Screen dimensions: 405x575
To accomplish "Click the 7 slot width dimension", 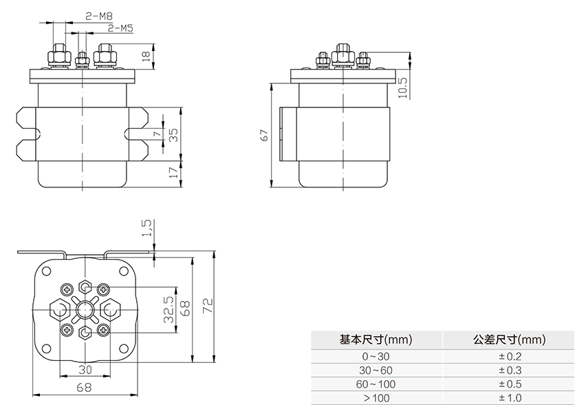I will tap(156, 134).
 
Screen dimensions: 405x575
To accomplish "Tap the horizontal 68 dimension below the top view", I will tap(84, 388).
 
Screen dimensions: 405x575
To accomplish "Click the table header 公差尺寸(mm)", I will tap(509, 340).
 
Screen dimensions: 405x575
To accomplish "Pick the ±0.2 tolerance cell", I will tap(510, 356).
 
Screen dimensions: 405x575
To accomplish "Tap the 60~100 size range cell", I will tap(376, 384).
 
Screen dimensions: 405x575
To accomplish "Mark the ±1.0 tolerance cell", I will tap(510, 397).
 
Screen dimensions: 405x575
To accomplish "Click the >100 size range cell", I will tap(376, 397).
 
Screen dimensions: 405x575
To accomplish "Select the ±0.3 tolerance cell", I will tap(510, 370).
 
